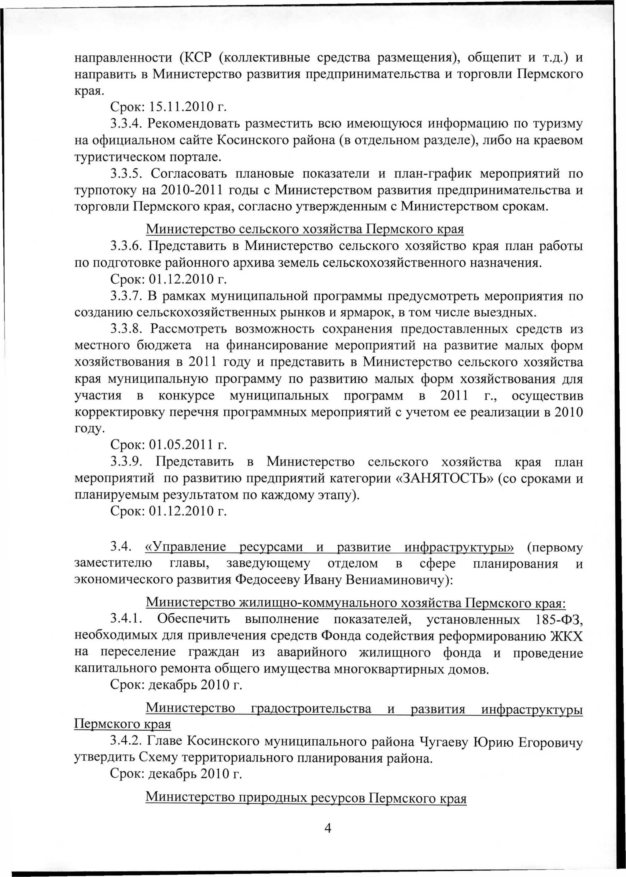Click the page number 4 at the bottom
pyautogui.click(x=328, y=828)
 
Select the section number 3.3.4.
pyautogui.click(x=127, y=123)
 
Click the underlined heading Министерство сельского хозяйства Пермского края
pyautogui.click(x=304, y=229)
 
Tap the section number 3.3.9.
pyautogui.click(x=127, y=462)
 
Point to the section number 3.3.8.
pyautogui.click(x=127, y=329)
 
